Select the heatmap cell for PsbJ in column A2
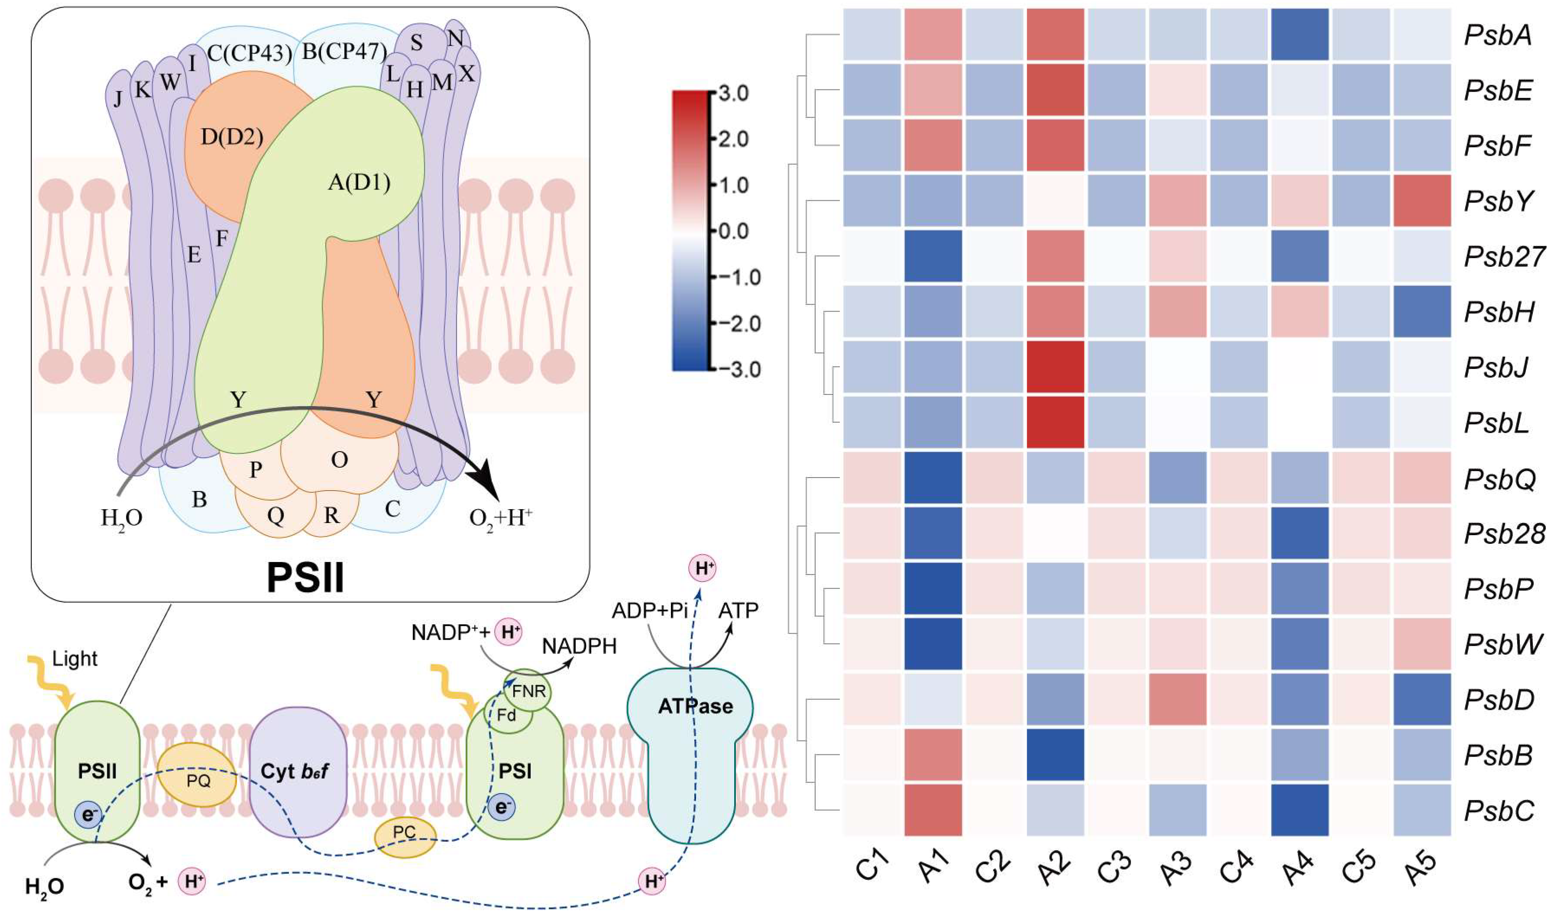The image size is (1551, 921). [x=1055, y=367]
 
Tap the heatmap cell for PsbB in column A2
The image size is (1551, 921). [x=1055, y=755]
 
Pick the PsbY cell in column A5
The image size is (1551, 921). [x=1422, y=200]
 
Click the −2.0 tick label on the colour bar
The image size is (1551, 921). [x=739, y=323]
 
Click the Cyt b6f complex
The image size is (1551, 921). [x=297, y=771]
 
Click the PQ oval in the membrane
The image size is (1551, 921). [x=197, y=775]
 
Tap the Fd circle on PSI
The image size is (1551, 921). [x=506, y=716]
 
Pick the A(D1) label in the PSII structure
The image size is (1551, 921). [x=359, y=183]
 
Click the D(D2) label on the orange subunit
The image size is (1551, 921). [x=232, y=137]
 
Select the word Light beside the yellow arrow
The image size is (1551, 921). [x=74, y=658]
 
